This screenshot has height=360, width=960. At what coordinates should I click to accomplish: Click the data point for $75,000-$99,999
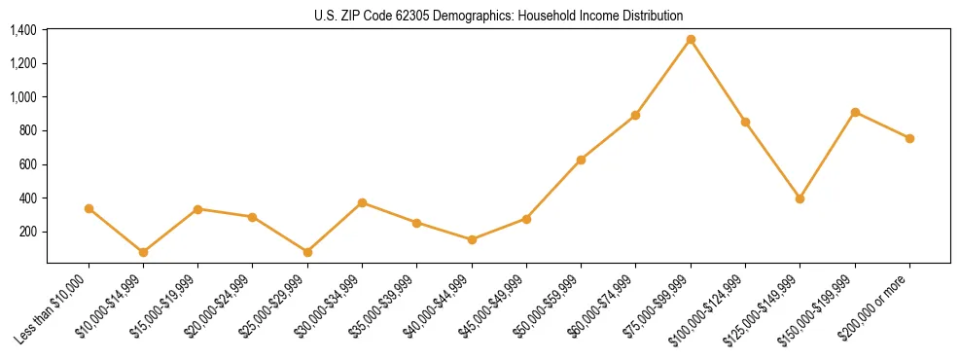coord(691,40)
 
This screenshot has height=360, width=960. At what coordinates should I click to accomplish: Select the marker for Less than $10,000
coord(89,208)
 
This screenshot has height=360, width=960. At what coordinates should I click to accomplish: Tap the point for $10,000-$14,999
coord(143,252)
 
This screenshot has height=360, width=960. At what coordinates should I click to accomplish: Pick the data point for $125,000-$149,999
coord(800,198)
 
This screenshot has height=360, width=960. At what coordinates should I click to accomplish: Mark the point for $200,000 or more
coord(909,138)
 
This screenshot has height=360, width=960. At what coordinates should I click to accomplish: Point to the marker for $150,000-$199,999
coord(855,112)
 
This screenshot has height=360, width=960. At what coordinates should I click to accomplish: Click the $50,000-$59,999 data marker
coord(581,160)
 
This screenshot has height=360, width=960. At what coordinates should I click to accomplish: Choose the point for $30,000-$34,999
coord(362,202)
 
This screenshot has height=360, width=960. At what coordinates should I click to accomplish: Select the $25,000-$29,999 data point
coord(307,252)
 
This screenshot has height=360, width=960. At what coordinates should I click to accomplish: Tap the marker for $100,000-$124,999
coord(745,122)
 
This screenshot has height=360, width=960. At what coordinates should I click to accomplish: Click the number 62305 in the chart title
coord(409,17)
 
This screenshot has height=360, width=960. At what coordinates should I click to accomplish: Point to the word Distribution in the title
coord(652,17)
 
